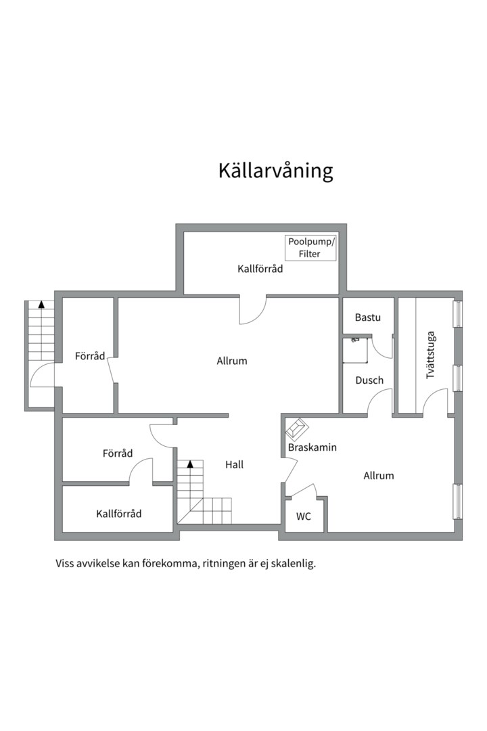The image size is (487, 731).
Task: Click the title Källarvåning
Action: point(275,171)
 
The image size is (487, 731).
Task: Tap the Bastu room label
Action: point(368,317)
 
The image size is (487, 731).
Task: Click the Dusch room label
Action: point(369,380)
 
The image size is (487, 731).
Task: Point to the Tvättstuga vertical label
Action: point(431,354)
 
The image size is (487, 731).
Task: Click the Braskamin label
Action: point(312,447)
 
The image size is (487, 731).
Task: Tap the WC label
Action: point(304,516)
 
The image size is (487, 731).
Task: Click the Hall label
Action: point(234,464)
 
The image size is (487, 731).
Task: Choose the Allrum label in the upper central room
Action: point(232,361)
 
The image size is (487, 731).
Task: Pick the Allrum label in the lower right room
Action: point(379,476)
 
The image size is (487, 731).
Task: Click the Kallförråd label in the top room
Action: point(260,269)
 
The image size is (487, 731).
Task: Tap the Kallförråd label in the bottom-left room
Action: point(119,514)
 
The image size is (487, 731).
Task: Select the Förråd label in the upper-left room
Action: point(90,356)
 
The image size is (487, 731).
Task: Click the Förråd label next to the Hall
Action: point(118,453)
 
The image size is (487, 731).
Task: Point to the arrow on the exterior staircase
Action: point(41,305)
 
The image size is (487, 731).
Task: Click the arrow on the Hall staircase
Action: point(190,464)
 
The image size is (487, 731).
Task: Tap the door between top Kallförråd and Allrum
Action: point(253,310)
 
